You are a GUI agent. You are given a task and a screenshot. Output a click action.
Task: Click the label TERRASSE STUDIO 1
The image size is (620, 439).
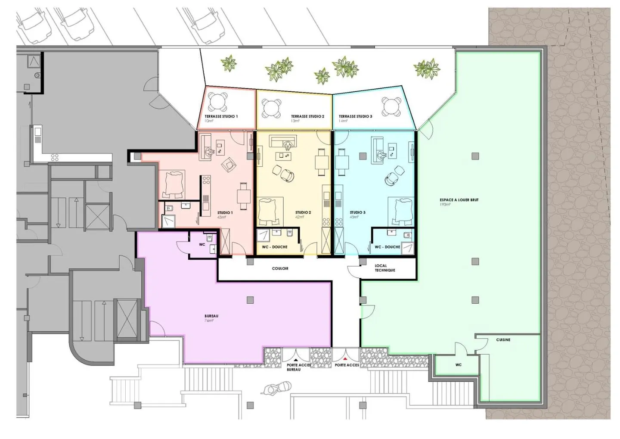click(221, 116)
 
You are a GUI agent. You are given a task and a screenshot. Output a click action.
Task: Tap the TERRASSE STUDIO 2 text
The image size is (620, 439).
click(307, 116)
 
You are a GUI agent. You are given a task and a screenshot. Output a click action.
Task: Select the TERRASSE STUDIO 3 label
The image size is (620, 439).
click(355, 116)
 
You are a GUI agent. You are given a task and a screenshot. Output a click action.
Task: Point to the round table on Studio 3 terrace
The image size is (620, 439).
click(391, 106)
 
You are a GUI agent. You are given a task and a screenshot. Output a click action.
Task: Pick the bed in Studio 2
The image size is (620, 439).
click(270, 211)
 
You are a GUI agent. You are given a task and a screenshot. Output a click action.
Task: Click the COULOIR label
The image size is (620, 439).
click(280, 268)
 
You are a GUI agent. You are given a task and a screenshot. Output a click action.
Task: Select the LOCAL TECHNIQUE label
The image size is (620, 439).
click(384, 268)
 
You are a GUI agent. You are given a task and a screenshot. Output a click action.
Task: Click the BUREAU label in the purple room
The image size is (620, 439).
click(211, 316)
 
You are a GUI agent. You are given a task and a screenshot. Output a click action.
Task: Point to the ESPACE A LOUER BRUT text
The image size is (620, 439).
click(459, 200)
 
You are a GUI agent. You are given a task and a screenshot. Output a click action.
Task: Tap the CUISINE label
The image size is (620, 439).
click(503, 340)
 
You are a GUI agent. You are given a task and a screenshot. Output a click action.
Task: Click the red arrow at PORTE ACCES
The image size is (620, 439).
click(345, 358)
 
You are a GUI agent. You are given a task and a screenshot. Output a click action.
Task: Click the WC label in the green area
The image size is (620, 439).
click(459, 365)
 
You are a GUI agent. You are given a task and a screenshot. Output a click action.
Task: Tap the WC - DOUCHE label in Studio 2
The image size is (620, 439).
click(275, 247)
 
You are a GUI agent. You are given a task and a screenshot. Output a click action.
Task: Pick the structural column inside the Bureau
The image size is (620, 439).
click(250, 300)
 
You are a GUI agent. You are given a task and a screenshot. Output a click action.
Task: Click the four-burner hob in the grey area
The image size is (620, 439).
click(55, 158)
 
